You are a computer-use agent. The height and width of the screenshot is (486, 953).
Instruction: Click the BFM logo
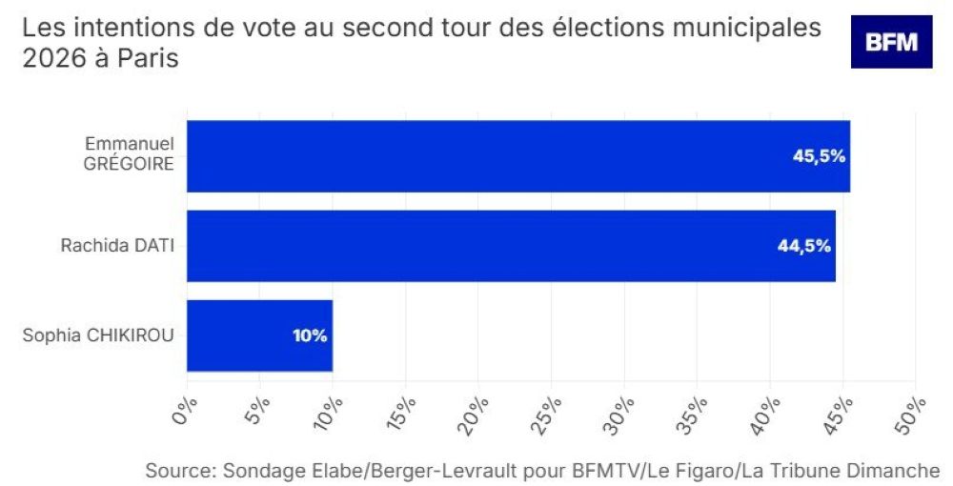click(891, 42)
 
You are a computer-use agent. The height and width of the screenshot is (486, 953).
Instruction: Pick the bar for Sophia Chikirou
click(259, 335)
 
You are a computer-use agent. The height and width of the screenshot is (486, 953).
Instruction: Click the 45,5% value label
click(820, 156)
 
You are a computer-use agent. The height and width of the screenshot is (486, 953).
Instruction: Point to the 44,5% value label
click(805, 246)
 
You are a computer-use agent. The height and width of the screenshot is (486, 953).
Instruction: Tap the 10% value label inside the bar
click(311, 335)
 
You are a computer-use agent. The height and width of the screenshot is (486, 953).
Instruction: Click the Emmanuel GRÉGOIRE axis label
click(131, 152)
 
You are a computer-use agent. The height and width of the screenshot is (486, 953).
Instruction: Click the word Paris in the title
click(150, 58)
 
